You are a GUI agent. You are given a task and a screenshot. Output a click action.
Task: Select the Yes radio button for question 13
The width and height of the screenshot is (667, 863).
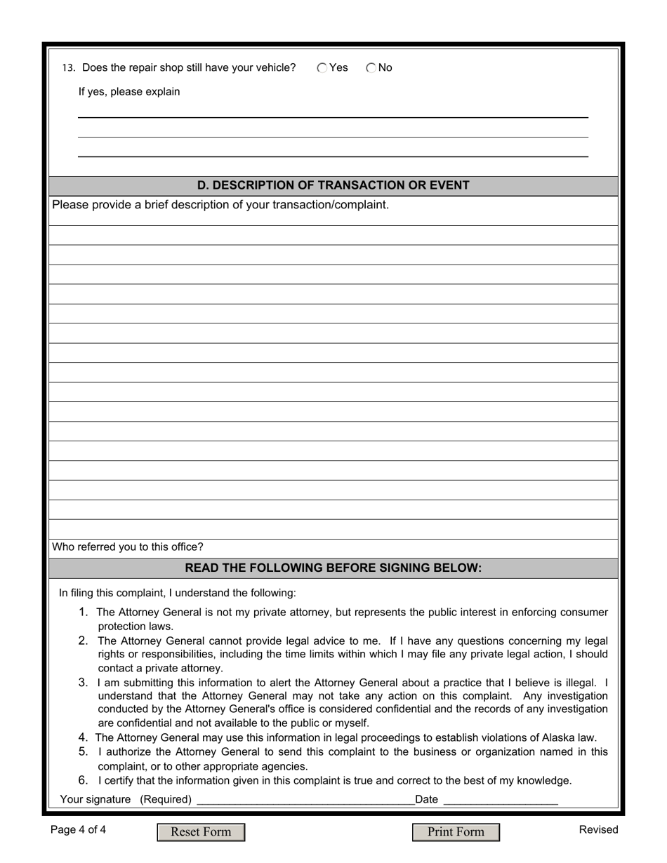tap(322, 68)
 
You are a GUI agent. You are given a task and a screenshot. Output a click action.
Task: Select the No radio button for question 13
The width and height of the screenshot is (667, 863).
tap(371, 68)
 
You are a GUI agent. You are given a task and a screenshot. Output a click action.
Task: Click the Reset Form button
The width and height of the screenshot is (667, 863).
tap(201, 832)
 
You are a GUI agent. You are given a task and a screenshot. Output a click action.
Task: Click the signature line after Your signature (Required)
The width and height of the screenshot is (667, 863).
tap(305, 799)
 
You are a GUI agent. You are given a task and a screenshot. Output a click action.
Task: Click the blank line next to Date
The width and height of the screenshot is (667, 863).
tap(501, 799)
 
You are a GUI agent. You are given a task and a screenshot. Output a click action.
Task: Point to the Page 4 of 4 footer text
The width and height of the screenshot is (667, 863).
tap(79, 830)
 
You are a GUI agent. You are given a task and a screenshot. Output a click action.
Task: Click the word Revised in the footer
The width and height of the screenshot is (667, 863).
tap(598, 830)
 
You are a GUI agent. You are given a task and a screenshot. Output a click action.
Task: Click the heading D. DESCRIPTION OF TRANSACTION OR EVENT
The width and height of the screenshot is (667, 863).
tap(333, 185)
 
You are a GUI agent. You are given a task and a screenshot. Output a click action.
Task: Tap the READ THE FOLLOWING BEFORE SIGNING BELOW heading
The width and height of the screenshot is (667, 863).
tap(333, 568)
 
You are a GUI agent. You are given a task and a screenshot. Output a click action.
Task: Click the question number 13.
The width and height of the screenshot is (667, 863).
tap(68, 68)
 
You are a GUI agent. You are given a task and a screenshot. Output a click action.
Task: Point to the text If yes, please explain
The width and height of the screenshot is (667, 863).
tap(129, 92)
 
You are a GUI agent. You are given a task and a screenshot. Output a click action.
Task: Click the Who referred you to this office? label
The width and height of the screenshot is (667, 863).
tap(128, 547)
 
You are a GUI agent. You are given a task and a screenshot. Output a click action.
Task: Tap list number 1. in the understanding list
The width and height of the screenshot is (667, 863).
tap(84, 612)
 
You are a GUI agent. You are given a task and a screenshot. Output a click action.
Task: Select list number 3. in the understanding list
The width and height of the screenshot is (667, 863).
tap(84, 682)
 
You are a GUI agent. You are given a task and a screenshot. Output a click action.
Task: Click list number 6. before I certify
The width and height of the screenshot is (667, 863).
tap(84, 780)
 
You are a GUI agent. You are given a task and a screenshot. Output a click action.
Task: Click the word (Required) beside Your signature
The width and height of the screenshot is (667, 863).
tap(166, 799)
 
